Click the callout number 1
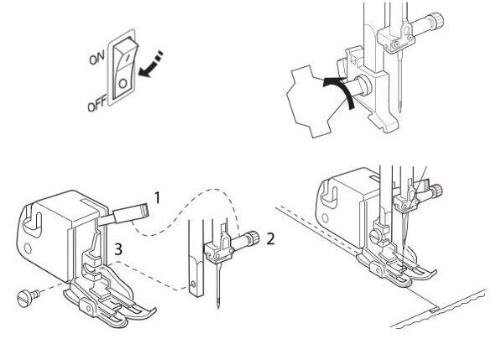click(157, 199)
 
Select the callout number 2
click(269, 238)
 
